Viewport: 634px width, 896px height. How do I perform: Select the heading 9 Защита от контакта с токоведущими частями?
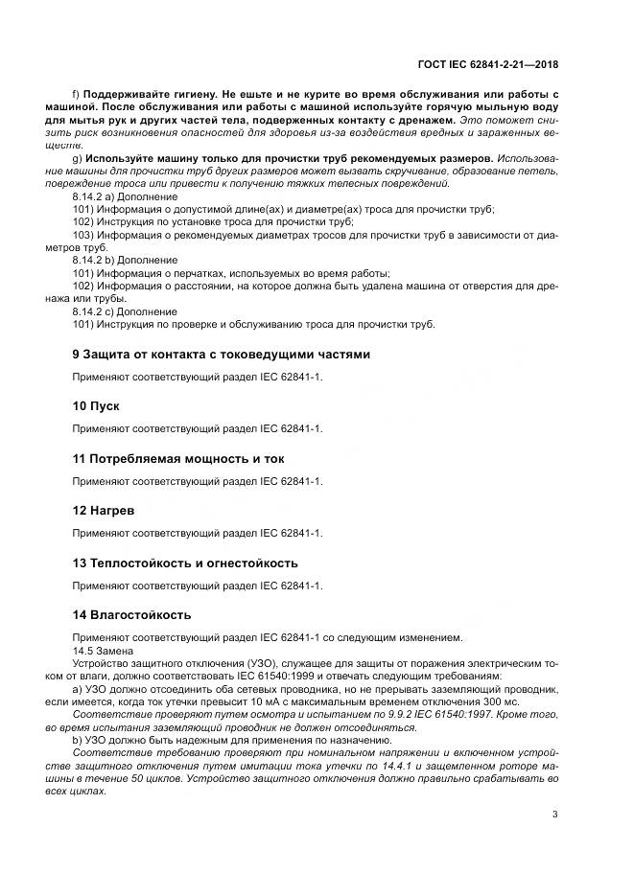[221, 354]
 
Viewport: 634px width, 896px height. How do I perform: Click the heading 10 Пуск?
[96, 406]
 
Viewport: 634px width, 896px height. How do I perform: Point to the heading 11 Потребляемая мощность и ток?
[178, 459]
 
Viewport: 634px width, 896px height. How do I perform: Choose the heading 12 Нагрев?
[105, 511]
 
